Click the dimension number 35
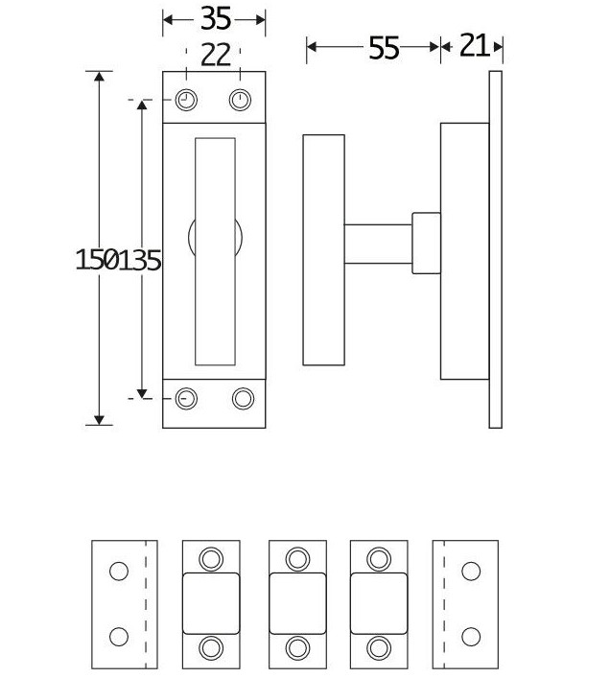click(215, 19)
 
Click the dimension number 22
click(215, 56)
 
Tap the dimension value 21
click(474, 45)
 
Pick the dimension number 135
click(140, 259)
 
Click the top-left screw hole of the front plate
click(187, 100)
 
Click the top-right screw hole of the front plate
click(240, 100)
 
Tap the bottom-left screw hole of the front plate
click(187, 398)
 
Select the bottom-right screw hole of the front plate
click(242, 398)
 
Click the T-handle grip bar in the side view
click(323, 249)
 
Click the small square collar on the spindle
click(426, 244)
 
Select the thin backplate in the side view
click(495, 249)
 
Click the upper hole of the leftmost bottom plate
click(118, 572)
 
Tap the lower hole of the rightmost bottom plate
click(470, 636)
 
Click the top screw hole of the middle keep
click(298, 558)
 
